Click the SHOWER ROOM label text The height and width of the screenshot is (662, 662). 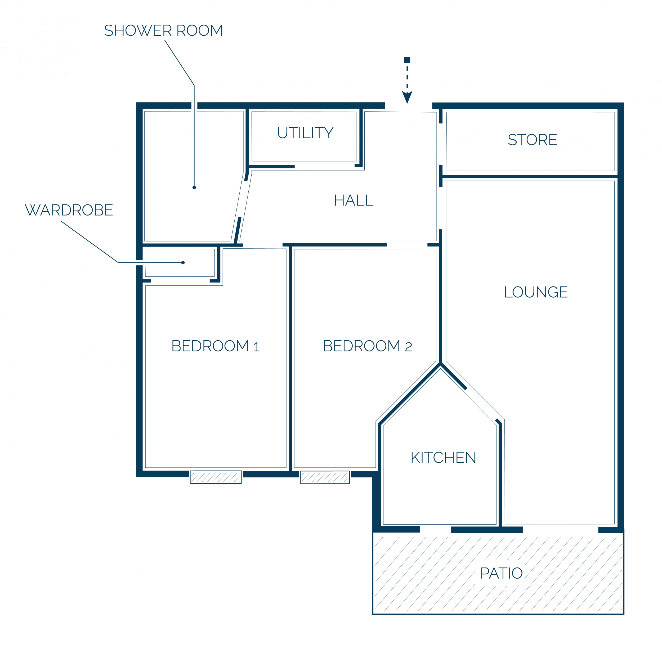pos(163,30)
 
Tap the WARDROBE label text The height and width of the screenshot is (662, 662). pos(69,210)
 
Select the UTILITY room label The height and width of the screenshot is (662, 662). pos(305,133)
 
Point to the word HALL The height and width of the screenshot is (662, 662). pos(354,200)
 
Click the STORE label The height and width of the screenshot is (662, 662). pos(533,140)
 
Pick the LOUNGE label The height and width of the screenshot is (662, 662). pos(536,292)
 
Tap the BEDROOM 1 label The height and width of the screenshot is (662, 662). pos(216,346)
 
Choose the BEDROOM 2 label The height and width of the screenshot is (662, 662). pos(368,346)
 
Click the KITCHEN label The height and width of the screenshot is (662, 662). pos(443,457)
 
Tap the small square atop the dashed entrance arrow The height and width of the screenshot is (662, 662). pos(407,60)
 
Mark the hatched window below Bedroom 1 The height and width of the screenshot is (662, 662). pos(216,477)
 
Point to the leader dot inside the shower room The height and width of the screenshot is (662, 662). pos(194,187)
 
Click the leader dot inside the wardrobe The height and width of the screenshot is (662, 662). pos(183,262)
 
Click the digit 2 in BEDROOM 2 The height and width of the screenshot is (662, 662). pos(408,347)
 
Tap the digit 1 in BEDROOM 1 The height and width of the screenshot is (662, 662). pos(256,347)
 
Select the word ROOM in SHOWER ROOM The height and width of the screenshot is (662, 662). pos(200,30)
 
